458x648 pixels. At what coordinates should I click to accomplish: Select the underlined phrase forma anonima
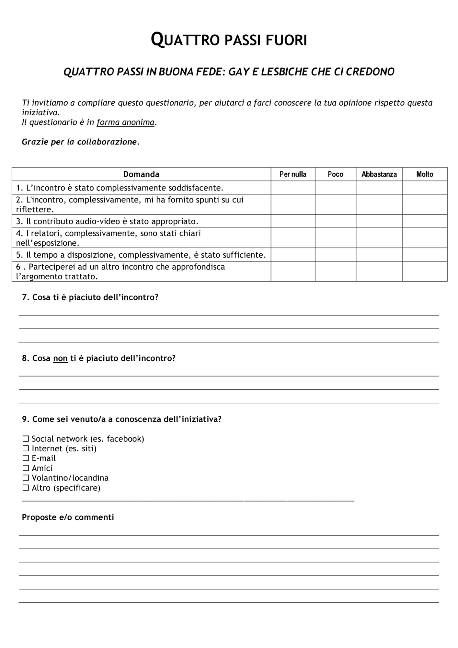pyautogui.click(x=125, y=122)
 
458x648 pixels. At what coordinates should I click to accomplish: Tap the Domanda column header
pyautogui.click(x=141, y=174)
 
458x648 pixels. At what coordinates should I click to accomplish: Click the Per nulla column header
pyautogui.click(x=293, y=174)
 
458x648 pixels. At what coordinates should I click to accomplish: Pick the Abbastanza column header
pyautogui.click(x=379, y=174)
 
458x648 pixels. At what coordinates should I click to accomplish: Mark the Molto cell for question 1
pyautogui.click(x=424, y=188)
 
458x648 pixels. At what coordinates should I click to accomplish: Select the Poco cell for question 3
pyautogui.click(x=335, y=221)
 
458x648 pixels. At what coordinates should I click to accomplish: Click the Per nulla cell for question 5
pyautogui.click(x=293, y=255)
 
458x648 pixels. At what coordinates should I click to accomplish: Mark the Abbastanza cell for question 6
pyautogui.click(x=379, y=271)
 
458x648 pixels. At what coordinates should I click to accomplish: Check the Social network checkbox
pyautogui.click(x=26, y=439)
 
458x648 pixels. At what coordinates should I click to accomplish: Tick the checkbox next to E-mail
pyautogui.click(x=26, y=458)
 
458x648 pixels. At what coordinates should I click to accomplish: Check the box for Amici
pyautogui.click(x=26, y=468)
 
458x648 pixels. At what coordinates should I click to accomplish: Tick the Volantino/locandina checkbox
pyautogui.click(x=26, y=478)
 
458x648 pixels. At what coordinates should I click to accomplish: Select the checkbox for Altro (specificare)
pyautogui.click(x=26, y=488)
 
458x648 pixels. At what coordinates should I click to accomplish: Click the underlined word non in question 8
pyautogui.click(x=60, y=358)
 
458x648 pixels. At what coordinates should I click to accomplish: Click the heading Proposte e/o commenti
pyautogui.click(x=68, y=517)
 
